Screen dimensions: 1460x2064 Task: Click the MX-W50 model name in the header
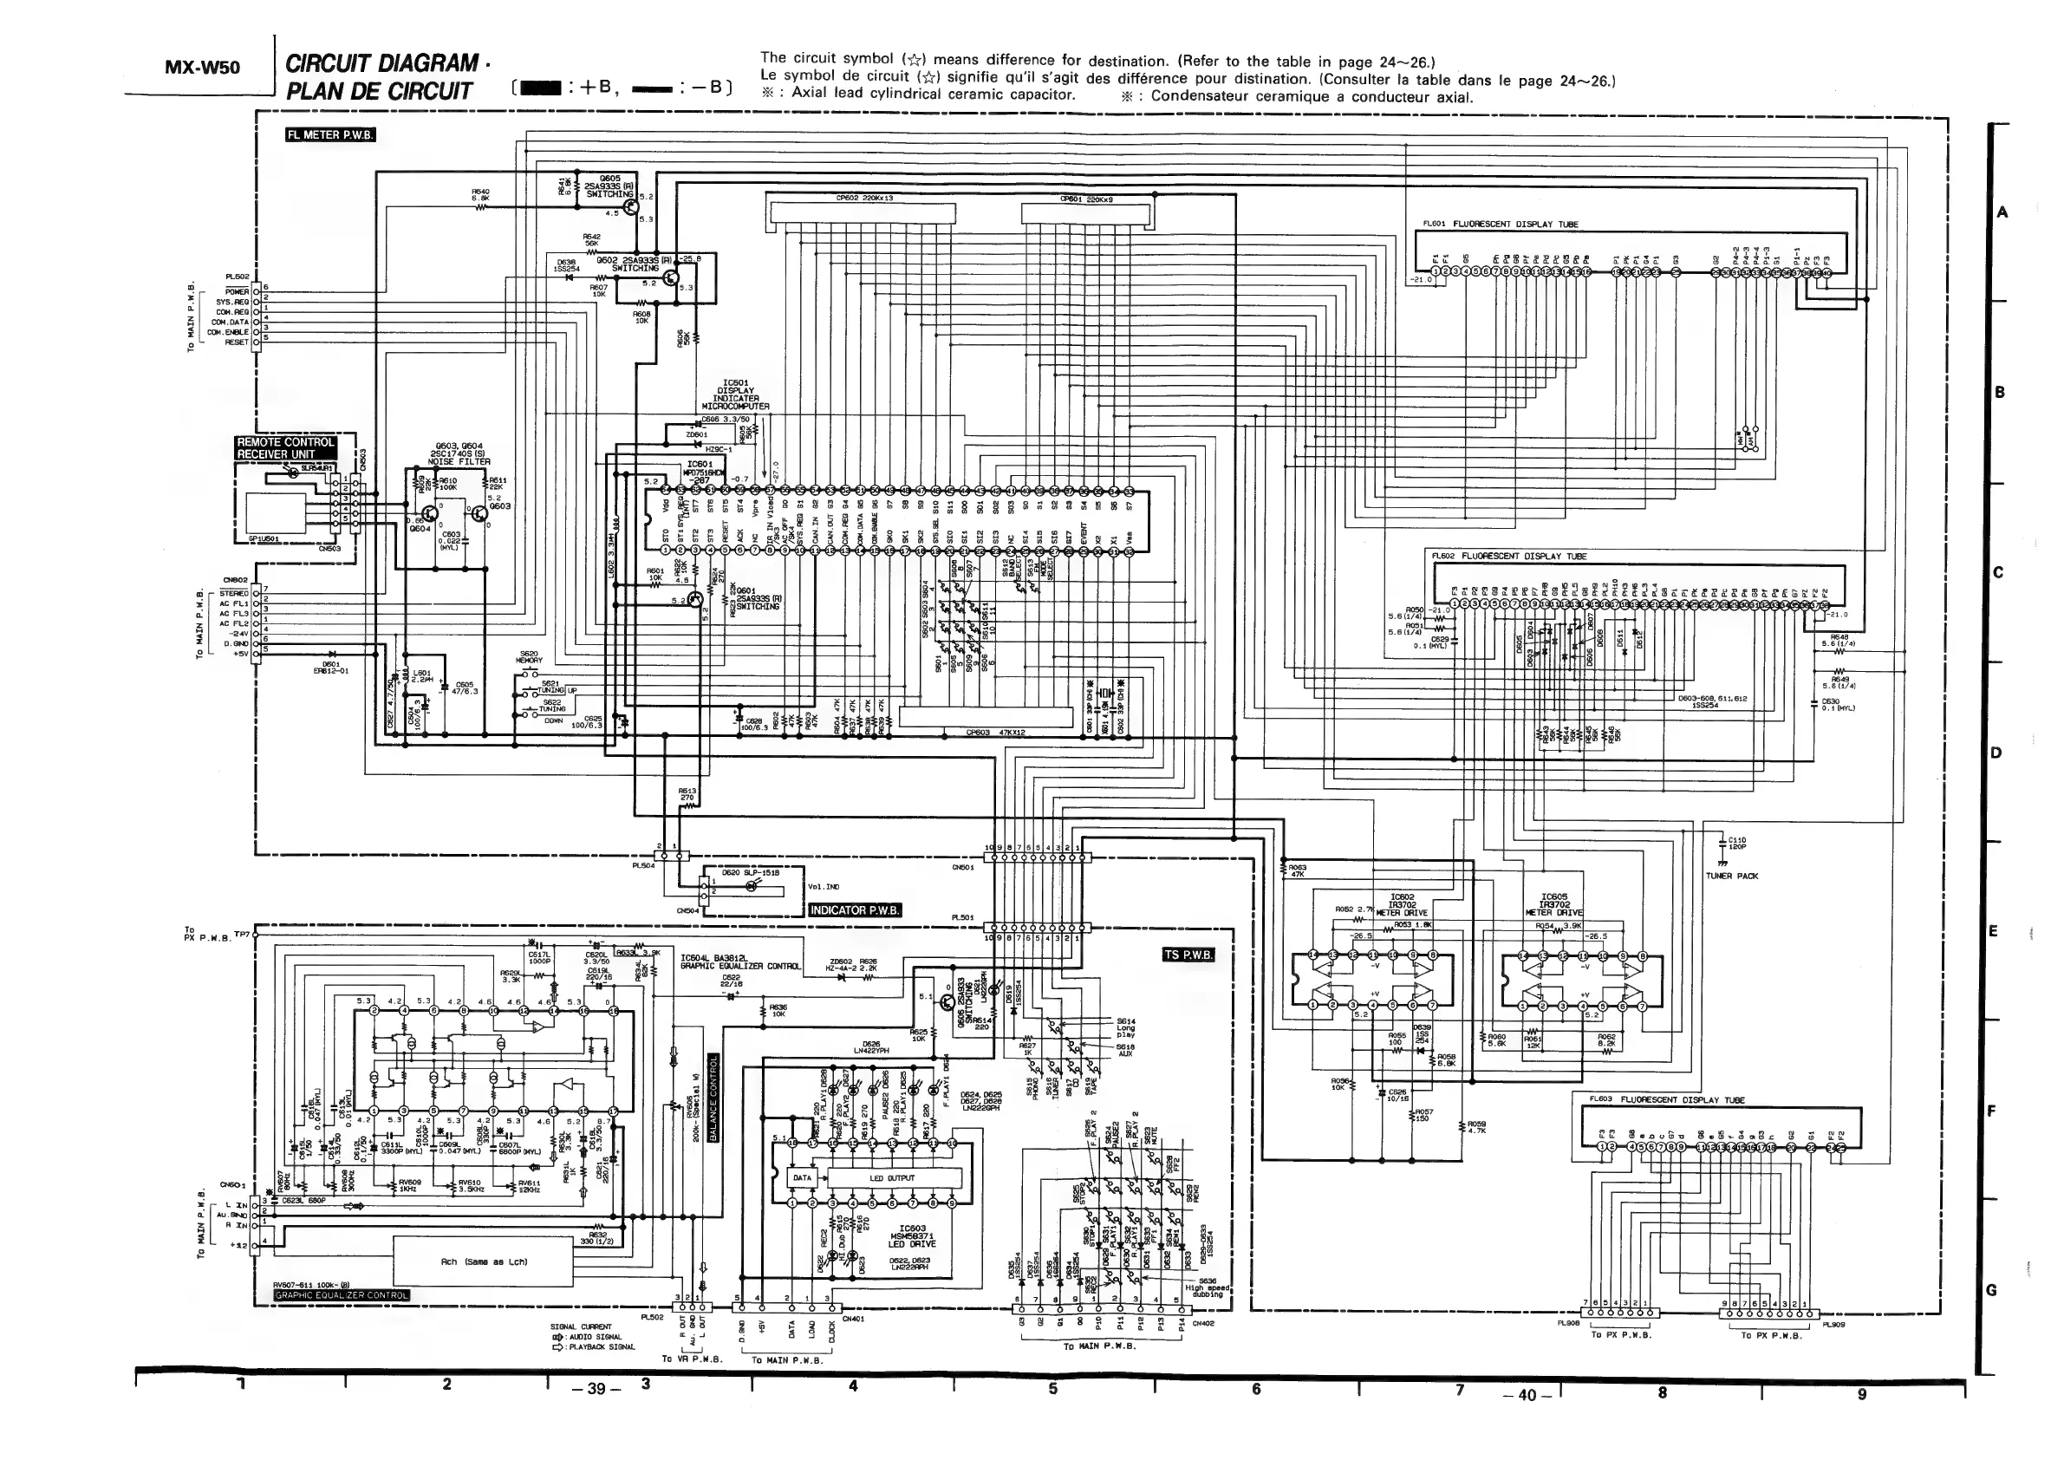(203, 68)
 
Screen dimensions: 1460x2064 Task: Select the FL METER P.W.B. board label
(330, 136)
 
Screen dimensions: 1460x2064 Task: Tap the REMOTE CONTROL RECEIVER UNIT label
(286, 447)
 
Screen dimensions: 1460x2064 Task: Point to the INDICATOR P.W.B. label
(855, 909)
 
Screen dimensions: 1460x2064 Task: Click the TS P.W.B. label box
(1188, 954)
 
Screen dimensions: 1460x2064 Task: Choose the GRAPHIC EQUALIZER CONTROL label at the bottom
(342, 1295)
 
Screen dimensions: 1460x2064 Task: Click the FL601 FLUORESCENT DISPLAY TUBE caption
(1501, 225)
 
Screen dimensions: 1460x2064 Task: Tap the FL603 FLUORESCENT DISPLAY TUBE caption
(1667, 1099)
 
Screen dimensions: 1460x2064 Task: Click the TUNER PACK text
(1731, 876)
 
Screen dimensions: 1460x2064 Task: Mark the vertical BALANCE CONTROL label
(713, 1098)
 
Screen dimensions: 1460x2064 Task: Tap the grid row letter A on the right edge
(2002, 213)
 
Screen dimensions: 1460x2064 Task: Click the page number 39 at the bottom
(596, 1389)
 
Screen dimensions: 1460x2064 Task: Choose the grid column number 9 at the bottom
(1862, 1393)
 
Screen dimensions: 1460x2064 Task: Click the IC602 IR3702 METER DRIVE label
(1403, 904)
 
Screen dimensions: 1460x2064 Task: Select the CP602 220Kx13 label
(864, 198)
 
